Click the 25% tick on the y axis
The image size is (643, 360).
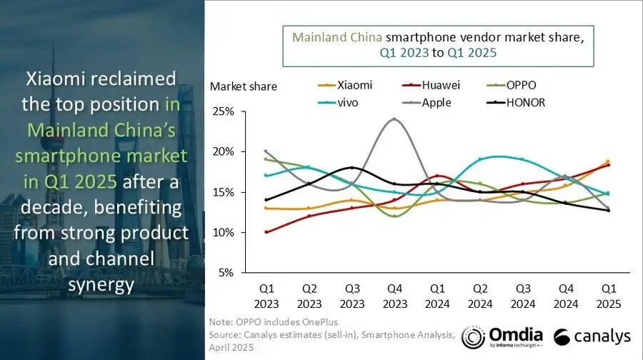pos(223,111)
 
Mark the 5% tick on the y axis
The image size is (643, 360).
pos(226,272)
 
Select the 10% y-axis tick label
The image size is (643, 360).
pos(223,232)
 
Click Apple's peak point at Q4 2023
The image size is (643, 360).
pos(394,119)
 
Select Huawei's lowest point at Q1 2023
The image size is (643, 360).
pos(266,232)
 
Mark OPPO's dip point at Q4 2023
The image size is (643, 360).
pos(394,216)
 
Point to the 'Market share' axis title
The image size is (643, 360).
pos(243,86)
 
